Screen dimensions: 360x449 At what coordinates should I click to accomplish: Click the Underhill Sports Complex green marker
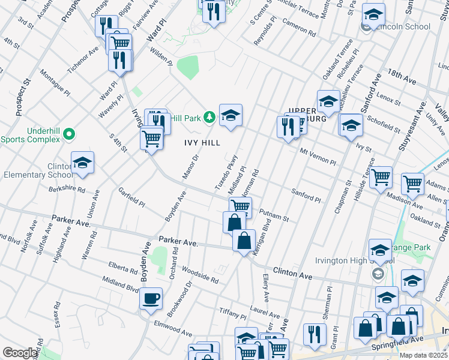point(69,133)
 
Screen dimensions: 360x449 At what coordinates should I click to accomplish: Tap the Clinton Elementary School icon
point(82,163)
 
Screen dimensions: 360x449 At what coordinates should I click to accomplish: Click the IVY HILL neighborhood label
point(202,143)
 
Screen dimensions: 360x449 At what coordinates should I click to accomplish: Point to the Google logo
point(20,353)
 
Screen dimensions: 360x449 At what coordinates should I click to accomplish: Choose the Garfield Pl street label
point(131,196)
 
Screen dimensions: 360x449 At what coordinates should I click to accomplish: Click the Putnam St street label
point(274,215)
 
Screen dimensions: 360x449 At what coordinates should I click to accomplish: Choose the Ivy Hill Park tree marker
point(209,116)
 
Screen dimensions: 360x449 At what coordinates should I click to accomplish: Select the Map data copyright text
point(423,355)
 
